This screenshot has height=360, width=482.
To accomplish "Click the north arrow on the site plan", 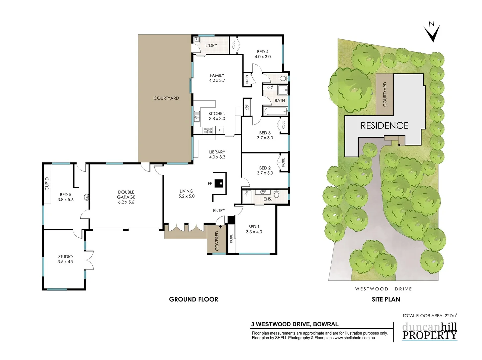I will click(x=432, y=33).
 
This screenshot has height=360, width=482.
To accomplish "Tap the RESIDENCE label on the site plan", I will click(x=384, y=125).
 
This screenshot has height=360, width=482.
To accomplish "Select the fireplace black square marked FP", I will click(x=219, y=183).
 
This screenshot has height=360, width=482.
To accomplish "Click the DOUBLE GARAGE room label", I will click(x=126, y=197).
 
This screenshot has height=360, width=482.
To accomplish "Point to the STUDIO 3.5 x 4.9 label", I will click(x=65, y=259).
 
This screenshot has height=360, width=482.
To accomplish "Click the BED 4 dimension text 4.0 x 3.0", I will click(x=263, y=57).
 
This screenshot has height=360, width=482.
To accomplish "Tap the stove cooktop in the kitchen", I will click(x=208, y=130).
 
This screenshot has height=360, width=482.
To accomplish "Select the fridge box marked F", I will click(x=220, y=130).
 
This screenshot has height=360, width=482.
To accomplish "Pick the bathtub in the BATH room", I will click(x=275, y=111).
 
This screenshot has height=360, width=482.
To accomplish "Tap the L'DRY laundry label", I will click(x=211, y=45).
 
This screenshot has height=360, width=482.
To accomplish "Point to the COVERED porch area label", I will click(x=217, y=241).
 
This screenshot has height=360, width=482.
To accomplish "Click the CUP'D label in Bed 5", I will click(x=47, y=184).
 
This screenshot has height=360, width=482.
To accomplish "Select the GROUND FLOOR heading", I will click(x=193, y=299).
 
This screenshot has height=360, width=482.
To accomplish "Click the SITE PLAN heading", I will click(x=386, y=299).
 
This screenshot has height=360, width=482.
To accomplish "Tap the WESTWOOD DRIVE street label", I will click(x=383, y=289).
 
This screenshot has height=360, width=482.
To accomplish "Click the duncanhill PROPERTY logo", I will click(x=429, y=331).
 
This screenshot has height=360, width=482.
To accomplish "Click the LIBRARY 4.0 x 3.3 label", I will click(x=217, y=154).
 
